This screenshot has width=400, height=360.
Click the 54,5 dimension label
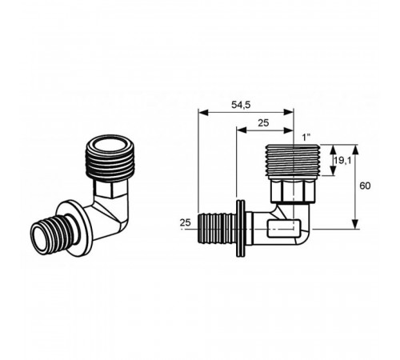point(241,105)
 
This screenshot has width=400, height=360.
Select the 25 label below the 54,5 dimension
point(263,123)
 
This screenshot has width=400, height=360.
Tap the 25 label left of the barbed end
point(186,222)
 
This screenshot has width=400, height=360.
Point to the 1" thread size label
point(306,138)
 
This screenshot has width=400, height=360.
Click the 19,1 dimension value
point(343,161)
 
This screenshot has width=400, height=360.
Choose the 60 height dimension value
point(365,186)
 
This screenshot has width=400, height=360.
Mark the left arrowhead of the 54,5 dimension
point(203,112)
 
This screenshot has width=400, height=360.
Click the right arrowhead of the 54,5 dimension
point(288,112)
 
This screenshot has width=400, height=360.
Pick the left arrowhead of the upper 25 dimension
point(242,130)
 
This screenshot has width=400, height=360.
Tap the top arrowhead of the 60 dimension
point(355,150)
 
